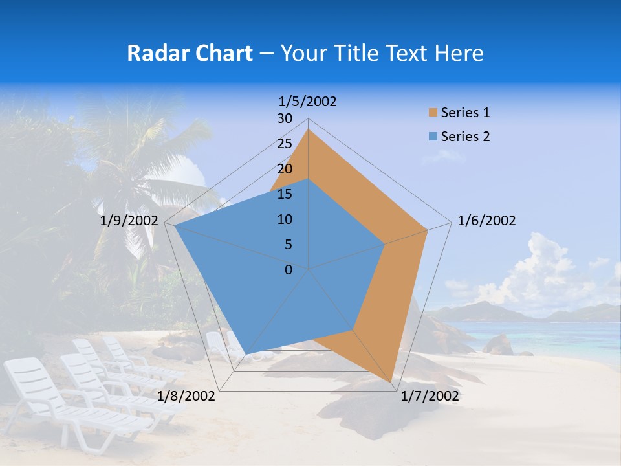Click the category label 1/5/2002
coord(308,102)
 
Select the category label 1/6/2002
coord(486,221)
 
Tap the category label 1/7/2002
coord(430,396)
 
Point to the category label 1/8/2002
coord(186,396)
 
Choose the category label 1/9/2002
coord(129,221)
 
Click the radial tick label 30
coord(285,118)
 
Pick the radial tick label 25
coord(285,144)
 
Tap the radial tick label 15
coord(285,194)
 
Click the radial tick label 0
coord(289,270)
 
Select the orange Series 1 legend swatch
coord(432,113)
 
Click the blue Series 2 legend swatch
coord(432,137)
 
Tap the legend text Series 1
coord(465,113)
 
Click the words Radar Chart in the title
coord(190,53)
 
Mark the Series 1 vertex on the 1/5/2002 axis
coord(309,129)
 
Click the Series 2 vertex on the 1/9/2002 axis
coord(175,226)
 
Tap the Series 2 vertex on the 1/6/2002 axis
coord(385,244)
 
